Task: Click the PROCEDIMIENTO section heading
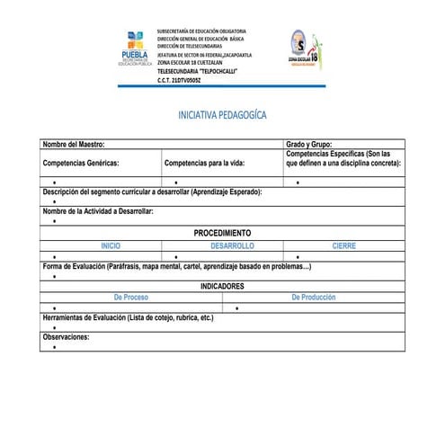click(223, 233)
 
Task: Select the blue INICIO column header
click(111, 245)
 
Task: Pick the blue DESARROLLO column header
click(233, 245)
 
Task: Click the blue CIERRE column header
click(343, 245)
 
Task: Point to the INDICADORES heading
click(222, 286)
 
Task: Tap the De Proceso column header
click(131, 297)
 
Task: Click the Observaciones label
click(67, 336)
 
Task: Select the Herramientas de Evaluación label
click(128, 318)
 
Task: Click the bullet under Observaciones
click(54, 346)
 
